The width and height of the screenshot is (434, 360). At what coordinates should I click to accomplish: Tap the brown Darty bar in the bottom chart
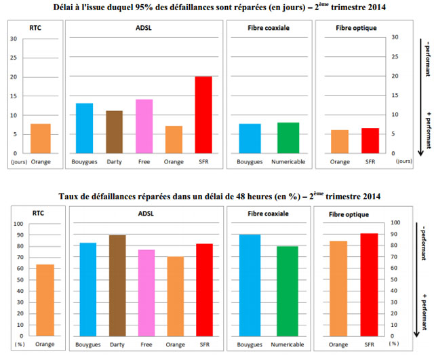click(x=117, y=285)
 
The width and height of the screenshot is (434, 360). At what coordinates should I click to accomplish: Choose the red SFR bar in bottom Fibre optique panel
click(x=370, y=285)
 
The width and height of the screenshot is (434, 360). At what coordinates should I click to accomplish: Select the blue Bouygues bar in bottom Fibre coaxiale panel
click(x=250, y=285)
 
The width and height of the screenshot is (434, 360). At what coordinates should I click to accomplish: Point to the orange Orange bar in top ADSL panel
click(x=174, y=140)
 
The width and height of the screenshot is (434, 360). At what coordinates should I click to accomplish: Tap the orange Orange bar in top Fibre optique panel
click(x=340, y=142)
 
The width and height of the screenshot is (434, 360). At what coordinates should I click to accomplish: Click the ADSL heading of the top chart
click(x=144, y=28)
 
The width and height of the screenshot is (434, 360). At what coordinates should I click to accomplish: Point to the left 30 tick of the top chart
click(x=13, y=38)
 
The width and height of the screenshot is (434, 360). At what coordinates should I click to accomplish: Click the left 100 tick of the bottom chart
click(x=18, y=224)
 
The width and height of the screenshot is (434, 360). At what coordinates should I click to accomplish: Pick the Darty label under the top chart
click(x=114, y=163)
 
